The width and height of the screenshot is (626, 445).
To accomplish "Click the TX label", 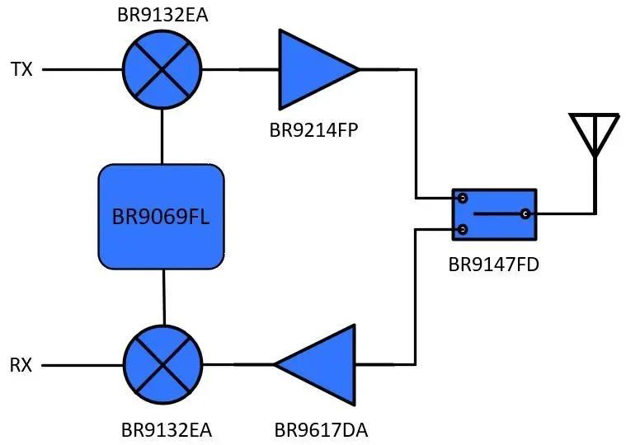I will point(21,69).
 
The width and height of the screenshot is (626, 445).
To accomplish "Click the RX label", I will point(21,365).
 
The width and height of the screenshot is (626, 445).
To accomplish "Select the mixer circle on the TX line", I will point(162,69).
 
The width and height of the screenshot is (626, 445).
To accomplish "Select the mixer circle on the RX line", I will point(163,365).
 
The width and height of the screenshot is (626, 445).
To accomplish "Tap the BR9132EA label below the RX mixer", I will point(166,429).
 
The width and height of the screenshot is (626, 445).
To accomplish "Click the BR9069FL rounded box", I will point(162,217).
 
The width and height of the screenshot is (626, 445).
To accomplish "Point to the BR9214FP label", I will point(313,129).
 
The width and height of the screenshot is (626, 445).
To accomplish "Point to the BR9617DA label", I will point(321,429).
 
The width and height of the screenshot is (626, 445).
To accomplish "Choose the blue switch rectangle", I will point(495,214).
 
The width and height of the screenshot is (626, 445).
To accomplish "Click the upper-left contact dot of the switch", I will point(463,199).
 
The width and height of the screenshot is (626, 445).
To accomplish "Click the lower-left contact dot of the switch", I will point(463,228).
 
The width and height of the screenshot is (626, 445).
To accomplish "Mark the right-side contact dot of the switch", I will point(525,214).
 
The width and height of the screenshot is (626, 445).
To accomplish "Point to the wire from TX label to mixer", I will point(82,69).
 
